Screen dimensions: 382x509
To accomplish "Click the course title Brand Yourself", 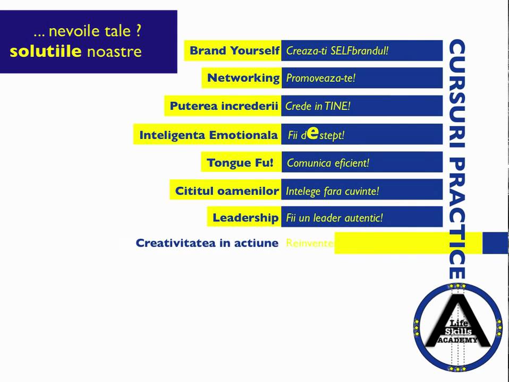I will coord(234,51).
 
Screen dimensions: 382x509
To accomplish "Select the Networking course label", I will coord(243,78).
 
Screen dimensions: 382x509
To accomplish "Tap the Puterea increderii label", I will coord(224,106).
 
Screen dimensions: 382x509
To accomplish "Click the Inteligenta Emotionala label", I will coord(208,135).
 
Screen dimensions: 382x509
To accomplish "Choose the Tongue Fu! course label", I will coord(240,163).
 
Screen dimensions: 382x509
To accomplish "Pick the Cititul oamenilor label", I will coord(227,191).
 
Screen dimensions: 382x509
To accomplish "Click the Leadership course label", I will coord(245,218).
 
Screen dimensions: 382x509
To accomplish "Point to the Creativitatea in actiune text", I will coord(207,243).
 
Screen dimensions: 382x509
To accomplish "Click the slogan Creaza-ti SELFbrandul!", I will coord(337,51).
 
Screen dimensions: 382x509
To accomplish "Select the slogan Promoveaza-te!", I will coord(320,78).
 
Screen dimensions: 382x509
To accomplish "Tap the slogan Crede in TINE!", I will coord(318,106).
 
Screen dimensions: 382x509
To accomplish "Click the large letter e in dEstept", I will coord(313,133).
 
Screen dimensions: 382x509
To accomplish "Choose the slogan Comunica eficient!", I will coord(328,163).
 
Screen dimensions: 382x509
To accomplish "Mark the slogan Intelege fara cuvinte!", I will coord(332,191).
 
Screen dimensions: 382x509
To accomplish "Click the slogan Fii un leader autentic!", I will coord(334,218).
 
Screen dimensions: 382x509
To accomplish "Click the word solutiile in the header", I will coord(46,51).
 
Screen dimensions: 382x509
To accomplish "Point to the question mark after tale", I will coord(138,31).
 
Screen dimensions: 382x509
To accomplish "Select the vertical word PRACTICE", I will coord(457,218).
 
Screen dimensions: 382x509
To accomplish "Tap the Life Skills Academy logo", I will coord(457,327).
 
